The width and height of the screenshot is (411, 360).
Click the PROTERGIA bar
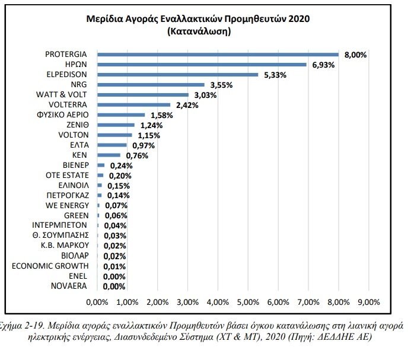(x=218, y=55)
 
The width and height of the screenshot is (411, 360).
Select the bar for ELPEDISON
(x=178, y=75)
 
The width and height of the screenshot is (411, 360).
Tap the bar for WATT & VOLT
(x=143, y=95)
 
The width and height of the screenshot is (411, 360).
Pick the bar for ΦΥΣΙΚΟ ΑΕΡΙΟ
(x=121, y=115)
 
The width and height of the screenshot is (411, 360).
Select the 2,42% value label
(x=186, y=105)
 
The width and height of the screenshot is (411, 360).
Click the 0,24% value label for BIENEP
(x=120, y=166)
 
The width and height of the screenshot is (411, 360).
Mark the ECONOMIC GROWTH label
(x=50, y=266)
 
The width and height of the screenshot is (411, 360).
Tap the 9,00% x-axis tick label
(x=368, y=302)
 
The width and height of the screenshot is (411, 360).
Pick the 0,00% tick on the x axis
(x=97, y=302)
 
